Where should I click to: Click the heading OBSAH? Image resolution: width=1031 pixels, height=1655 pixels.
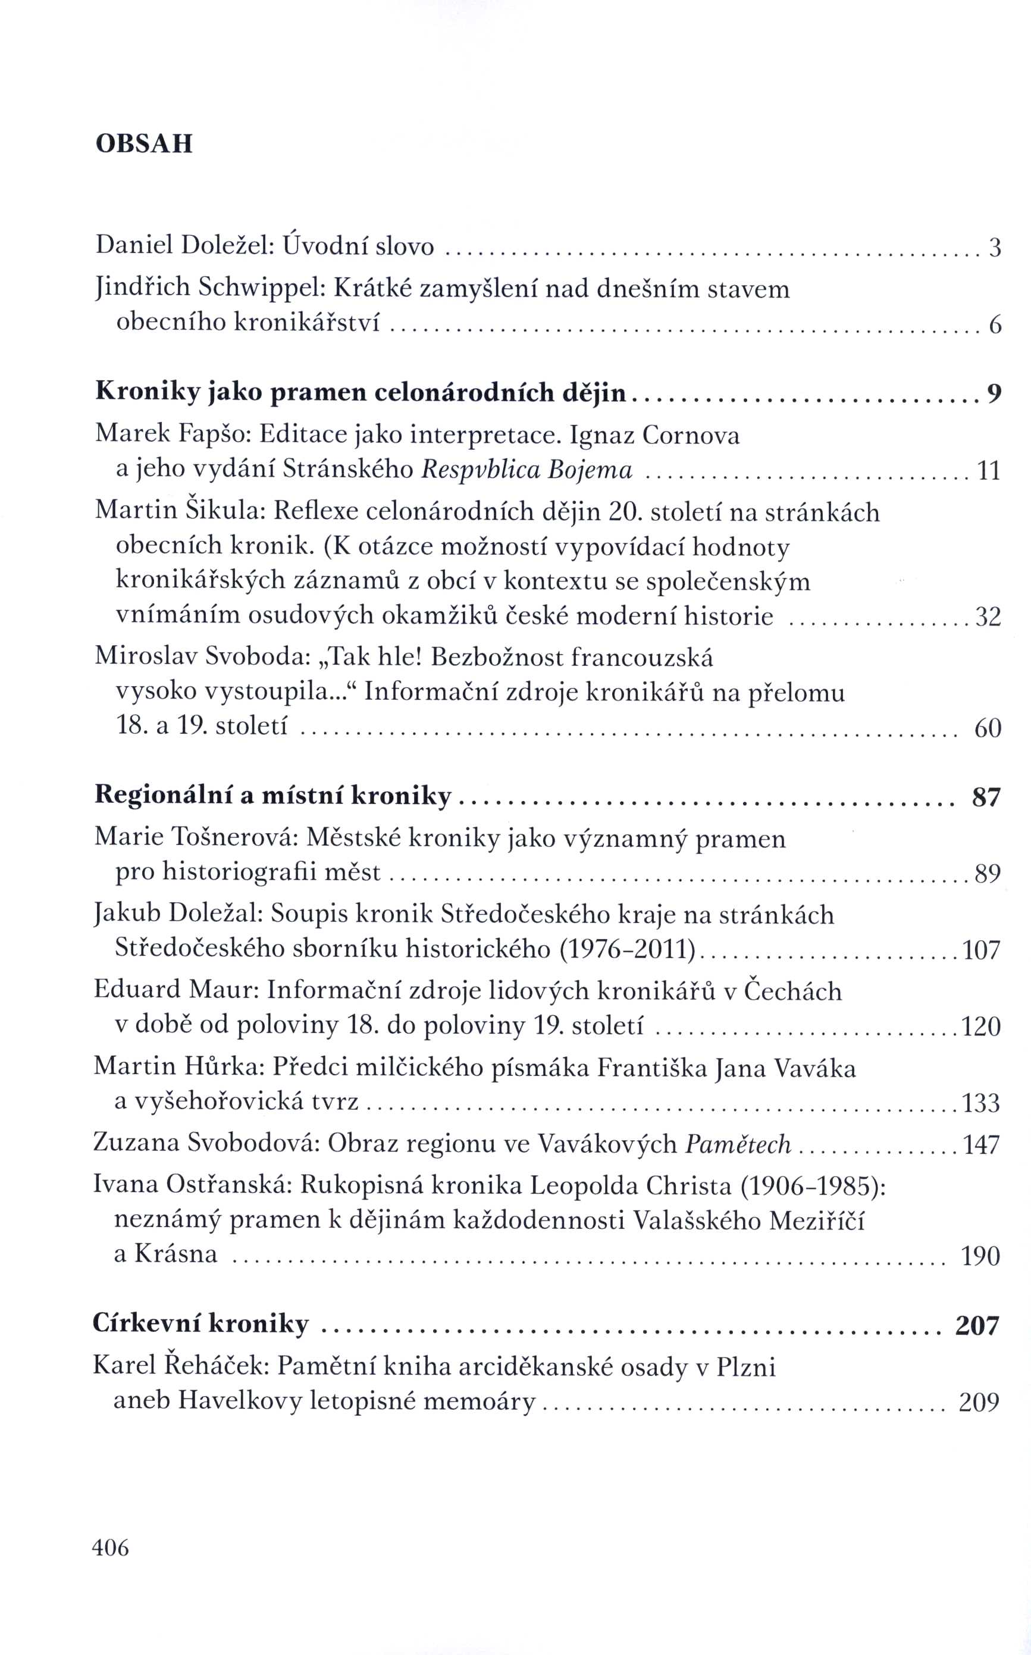(144, 144)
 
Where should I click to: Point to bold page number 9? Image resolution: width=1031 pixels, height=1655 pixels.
(994, 393)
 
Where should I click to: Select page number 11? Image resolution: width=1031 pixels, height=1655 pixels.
(989, 471)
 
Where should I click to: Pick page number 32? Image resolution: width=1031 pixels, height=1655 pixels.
(988, 617)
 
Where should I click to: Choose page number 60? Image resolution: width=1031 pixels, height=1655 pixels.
(988, 728)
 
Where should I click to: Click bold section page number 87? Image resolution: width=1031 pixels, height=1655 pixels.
(985, 796)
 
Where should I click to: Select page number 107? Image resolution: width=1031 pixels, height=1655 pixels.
(981, 949)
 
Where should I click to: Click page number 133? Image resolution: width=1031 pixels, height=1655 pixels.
(980, 1103)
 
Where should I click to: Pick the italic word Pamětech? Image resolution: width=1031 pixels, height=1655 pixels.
(738, 1144)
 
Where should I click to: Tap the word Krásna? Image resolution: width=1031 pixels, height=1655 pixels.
(176, 1253)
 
